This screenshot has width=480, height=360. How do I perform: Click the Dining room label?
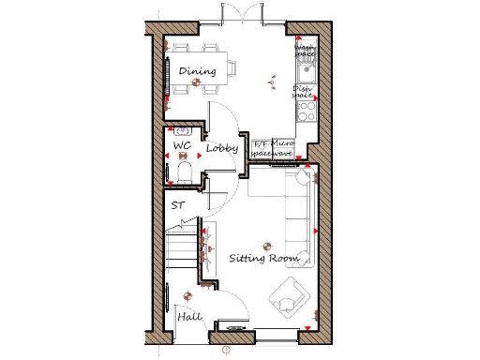pos(197,71)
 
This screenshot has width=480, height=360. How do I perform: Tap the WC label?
pos(182,147)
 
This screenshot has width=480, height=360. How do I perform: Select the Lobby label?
pos(222,149)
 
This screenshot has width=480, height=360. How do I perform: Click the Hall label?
pos(189,317)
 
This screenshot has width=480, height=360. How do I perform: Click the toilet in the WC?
pos(184,171)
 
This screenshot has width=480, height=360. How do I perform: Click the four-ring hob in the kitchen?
pos(307,112)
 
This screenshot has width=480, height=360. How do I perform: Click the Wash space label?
pos(305,50)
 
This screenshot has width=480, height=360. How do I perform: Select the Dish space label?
pos(303,92)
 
